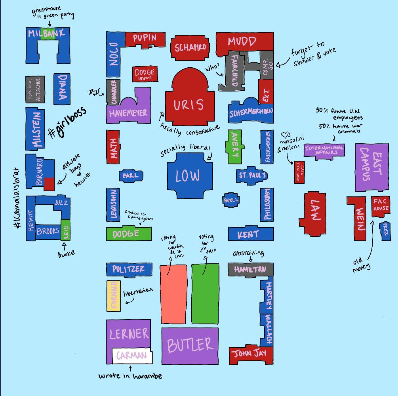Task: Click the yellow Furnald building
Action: click(114, 296)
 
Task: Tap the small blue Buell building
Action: click(231, 200)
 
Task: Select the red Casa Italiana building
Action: click(299, 172)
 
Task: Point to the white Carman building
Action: click(132, 355)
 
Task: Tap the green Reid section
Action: click(66, 230)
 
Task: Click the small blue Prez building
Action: click(385, 231)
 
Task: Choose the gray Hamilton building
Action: click(250, 269)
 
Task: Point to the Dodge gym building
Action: click(145, 74)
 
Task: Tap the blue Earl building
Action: click(131, 175)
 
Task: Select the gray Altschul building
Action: click(35, 89)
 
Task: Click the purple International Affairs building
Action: click(324, 150)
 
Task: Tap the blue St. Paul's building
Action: click(252, 175)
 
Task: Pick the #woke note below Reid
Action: click(66, 253)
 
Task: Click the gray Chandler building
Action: click(113, 92)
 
